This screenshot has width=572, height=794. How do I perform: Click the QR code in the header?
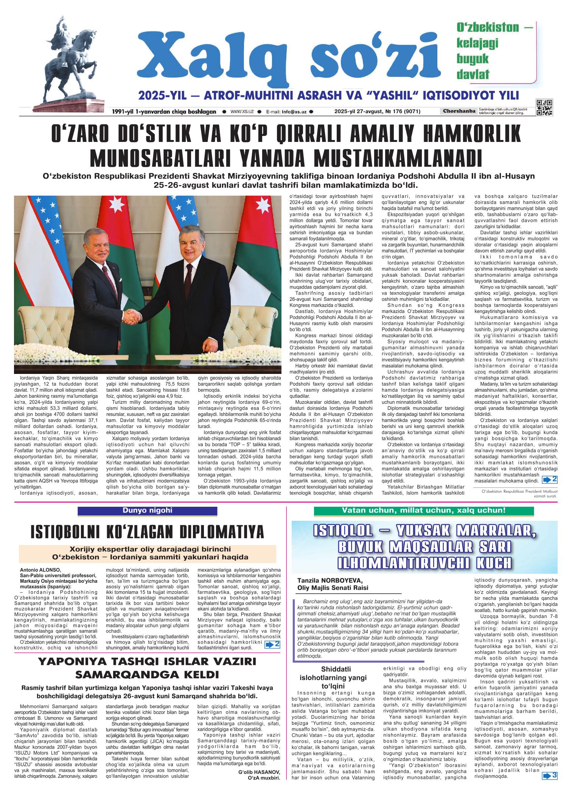[x=544, y=107]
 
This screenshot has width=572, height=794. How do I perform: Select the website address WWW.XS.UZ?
[x=241, y=112]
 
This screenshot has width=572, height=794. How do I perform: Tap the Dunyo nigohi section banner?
[x=147, y=511]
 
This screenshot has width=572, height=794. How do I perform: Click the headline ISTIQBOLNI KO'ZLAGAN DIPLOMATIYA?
[x=147, y=531]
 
